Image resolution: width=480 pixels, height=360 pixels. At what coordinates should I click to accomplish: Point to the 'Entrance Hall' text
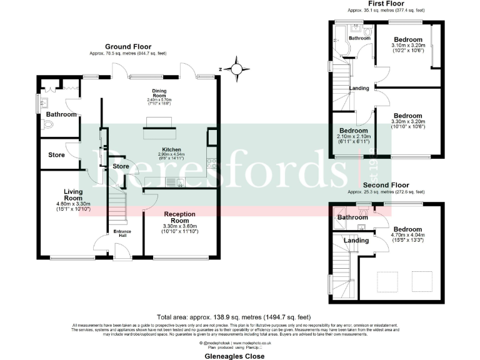click(121, 233)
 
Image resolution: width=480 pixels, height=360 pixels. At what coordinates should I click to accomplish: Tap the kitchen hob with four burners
click(212, 164)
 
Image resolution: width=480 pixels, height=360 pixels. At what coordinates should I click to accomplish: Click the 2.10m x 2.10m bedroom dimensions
click(353, 136)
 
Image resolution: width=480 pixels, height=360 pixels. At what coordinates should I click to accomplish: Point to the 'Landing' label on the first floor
click(359, 88)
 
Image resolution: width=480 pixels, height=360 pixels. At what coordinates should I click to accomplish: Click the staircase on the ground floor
click(117, 207)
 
